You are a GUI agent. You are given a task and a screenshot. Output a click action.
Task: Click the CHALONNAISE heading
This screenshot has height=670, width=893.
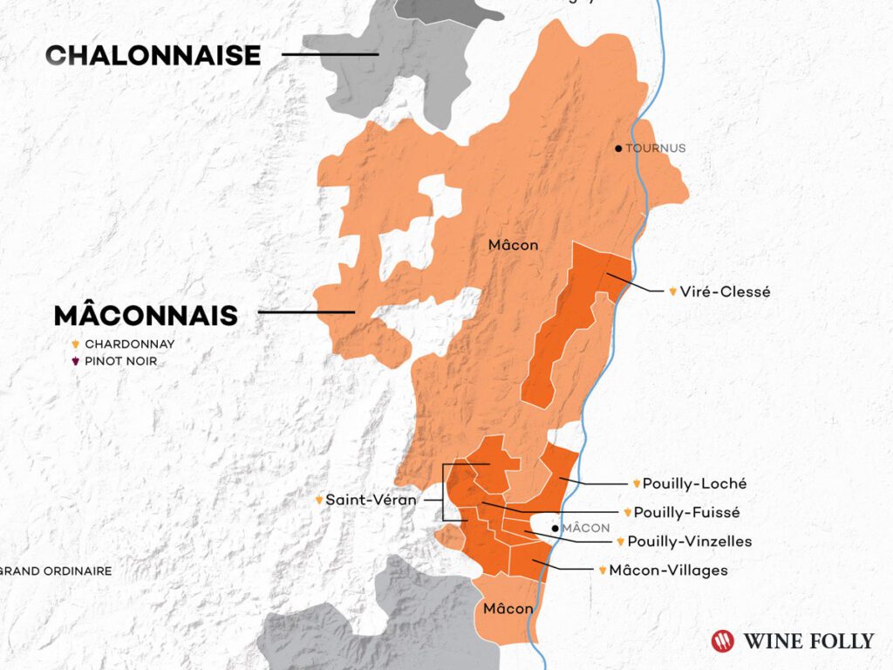pyautogui.click(x=153, y=55)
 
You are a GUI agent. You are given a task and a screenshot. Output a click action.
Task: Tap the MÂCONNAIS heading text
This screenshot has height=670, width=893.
pyautogui.click(x=146, y=315)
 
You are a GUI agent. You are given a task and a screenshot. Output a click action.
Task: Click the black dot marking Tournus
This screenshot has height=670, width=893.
pyautogui.click(x=618, y=148)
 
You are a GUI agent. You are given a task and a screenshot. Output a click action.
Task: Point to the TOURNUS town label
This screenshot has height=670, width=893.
pyautogui.click(x=655, y=148)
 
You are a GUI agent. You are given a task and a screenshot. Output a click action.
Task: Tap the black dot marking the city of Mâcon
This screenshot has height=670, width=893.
pyautogui.click(x=555, y=528)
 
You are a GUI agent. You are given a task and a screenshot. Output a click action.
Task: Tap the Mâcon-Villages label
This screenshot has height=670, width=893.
pyautogui.click(x=668, y=571)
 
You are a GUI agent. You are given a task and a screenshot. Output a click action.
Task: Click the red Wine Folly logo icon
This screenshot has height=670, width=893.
pyautogui.click(x=723, y=641)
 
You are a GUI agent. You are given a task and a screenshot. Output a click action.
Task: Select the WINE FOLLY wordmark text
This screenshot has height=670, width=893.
pyautogui.click(x=808, y=641)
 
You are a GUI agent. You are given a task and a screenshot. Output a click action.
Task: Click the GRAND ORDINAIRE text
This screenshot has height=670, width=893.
pyautogui.click(x=57, y=571)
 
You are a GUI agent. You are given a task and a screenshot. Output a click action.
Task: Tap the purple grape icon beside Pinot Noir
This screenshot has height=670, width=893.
pyautogui.click(x=76, y=361)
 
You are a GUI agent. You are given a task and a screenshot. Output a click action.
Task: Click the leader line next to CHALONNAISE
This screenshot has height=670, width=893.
pyautogui.click(x=330, y=54)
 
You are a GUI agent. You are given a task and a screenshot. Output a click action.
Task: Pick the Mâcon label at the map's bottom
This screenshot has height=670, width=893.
pyautogui.click(x=508, y=608)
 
